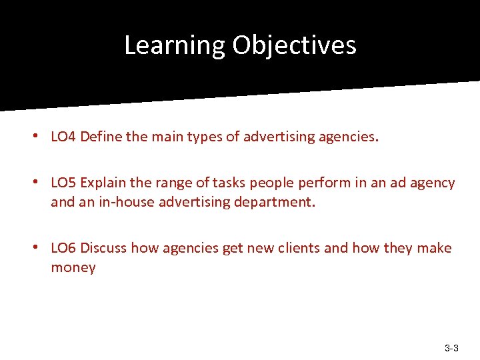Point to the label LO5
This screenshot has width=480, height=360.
[x=63, y=183]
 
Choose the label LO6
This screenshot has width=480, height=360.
[x=63, y=249]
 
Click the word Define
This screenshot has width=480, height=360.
[x=101, y=138]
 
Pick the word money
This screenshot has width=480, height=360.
[x=73, y=268]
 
